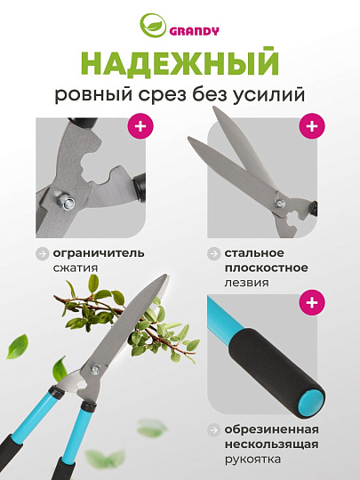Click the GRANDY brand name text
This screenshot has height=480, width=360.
tap(190, 28)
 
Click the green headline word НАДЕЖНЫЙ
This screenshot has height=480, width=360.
tap(180, 66)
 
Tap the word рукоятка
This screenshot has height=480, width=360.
tap(252, 459)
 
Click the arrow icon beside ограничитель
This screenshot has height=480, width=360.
tap(42, 252)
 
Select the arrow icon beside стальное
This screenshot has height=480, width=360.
tap(213, 252)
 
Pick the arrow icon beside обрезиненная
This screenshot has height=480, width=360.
tap(213, 430)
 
